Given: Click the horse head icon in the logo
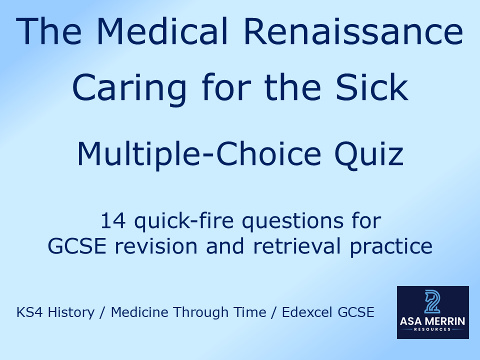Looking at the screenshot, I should (x=433, y=301).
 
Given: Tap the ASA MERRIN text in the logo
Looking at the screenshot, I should (x=433, y=321).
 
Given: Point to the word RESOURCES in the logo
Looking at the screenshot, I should (x=433, y=329).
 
